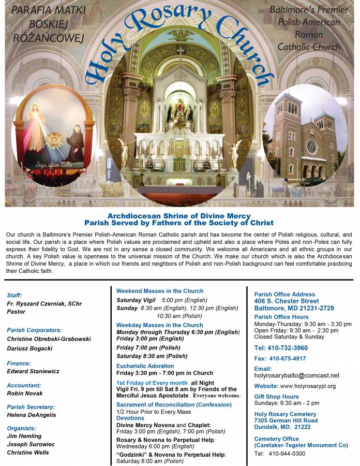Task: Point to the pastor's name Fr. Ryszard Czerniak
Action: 44,303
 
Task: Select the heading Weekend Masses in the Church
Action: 159,291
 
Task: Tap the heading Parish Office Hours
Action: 281,317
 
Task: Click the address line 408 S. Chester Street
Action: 286,301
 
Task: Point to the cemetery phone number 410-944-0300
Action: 287,454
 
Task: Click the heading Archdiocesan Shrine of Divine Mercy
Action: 178,216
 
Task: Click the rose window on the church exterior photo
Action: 311,147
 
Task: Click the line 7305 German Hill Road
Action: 286,420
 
